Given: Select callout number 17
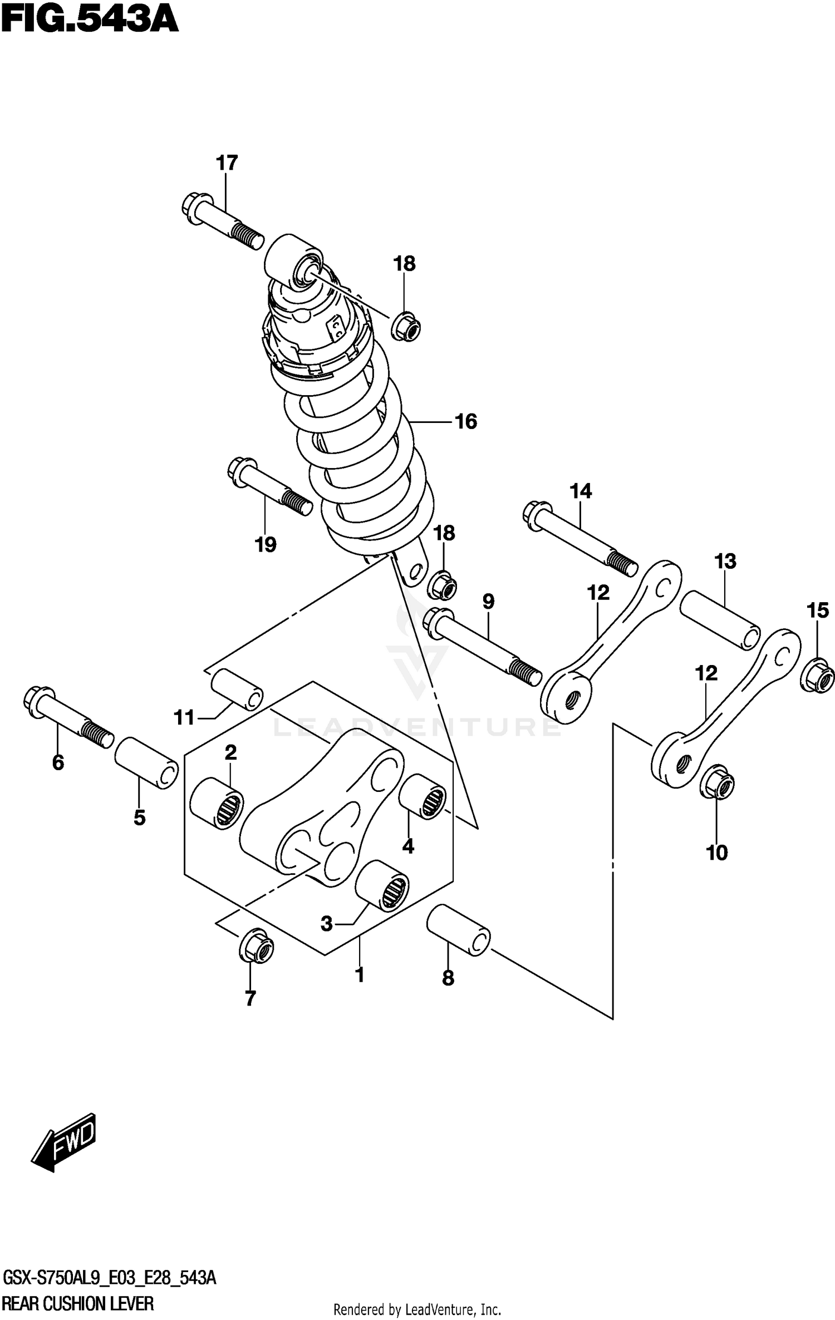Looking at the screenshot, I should tap(227, 163).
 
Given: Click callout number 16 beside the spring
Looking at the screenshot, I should tap(466, 422).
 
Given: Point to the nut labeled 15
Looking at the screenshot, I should tap(817, 675).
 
